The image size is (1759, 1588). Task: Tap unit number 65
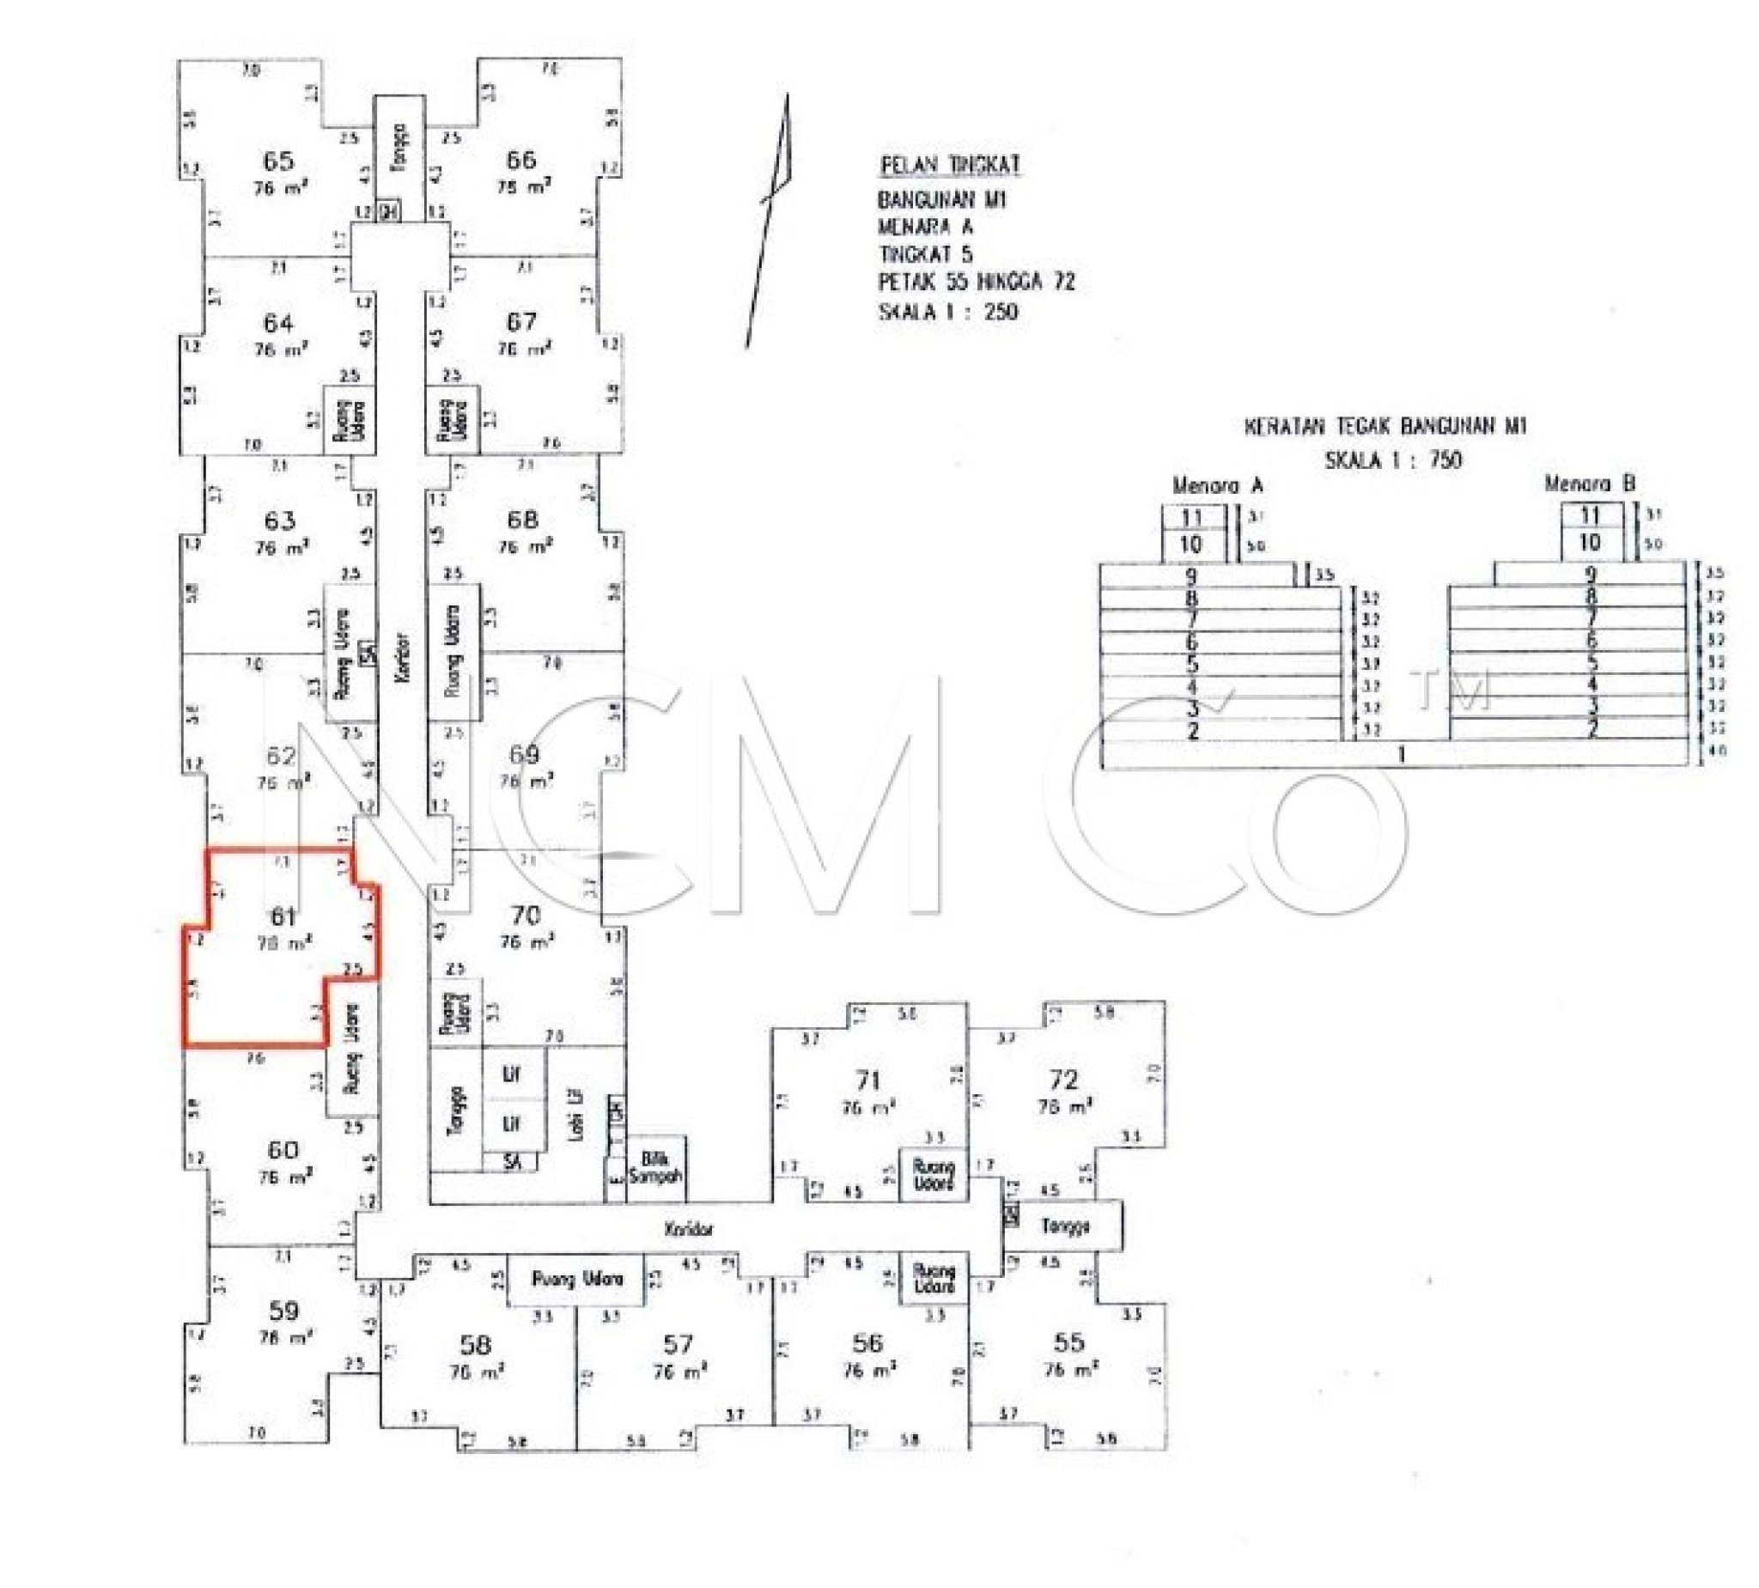pos(278,161)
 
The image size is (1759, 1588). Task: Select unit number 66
pos(520,160)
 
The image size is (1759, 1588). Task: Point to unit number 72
pos(1063,1080)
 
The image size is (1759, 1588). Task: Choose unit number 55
pos(1068,1342)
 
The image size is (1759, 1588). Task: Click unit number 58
pos(476,1345)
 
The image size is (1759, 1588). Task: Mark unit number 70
pos(526,916)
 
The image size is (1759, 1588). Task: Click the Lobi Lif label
pos(575,1115)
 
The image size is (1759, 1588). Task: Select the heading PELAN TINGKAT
pos(950,165)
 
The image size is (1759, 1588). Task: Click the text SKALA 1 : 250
pos(947,312)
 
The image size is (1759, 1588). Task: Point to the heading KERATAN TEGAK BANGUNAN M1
pos(1385,427)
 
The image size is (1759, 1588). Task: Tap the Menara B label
pos(1589,484)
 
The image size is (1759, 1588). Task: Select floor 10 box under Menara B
pos(1590,544)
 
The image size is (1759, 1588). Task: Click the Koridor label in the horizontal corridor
pos(689,1229)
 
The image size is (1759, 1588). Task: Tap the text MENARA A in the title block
pos(925,228)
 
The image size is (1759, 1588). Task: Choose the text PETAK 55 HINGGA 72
pos(976,283)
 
